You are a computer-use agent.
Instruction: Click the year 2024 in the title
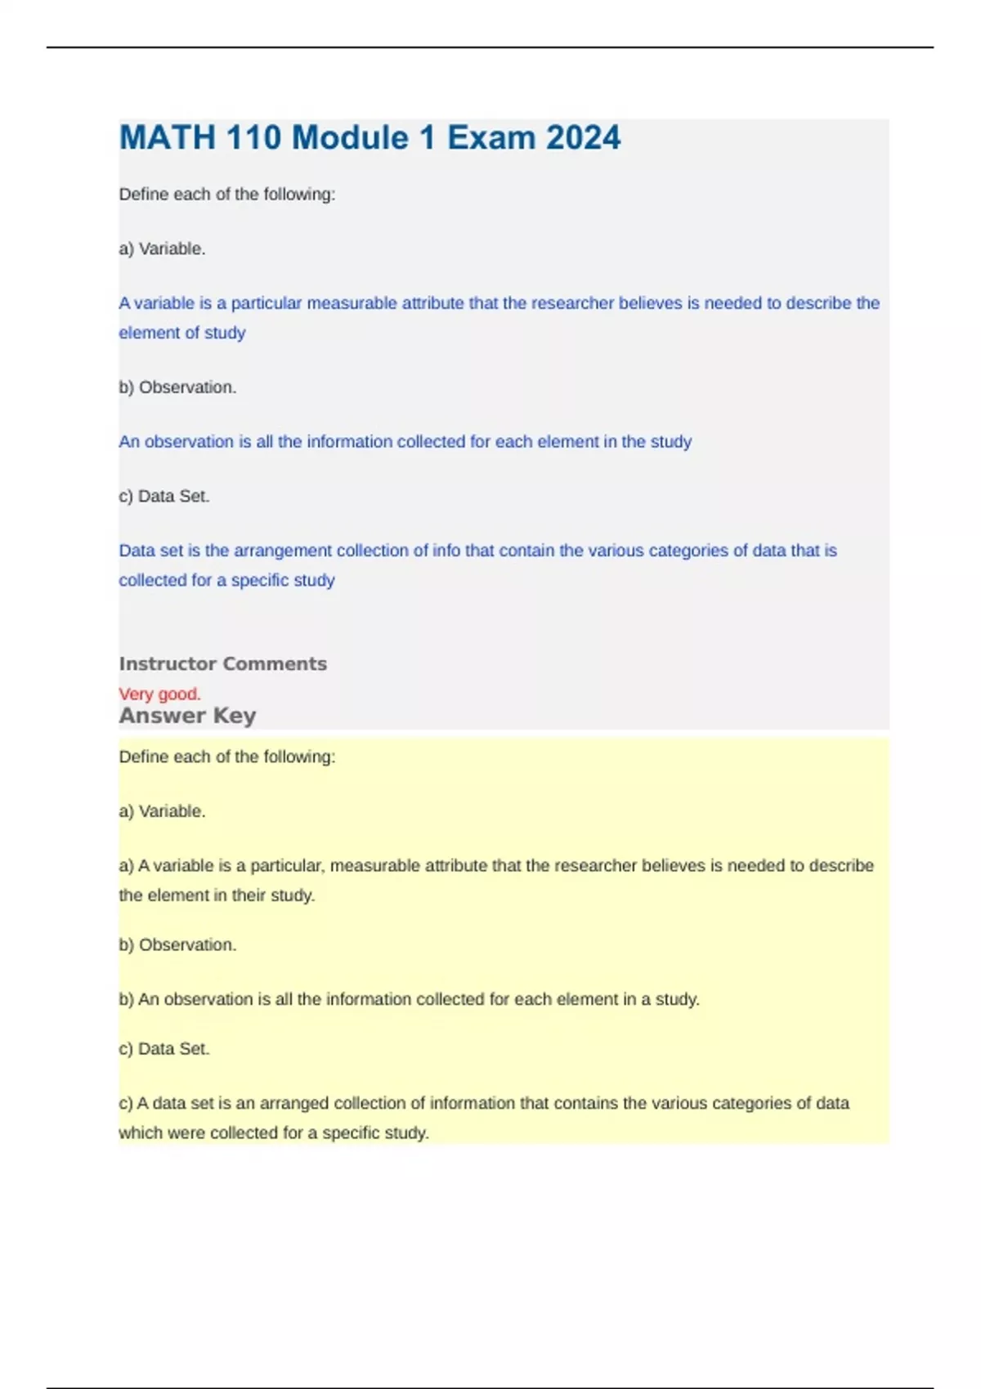tap(583, 137)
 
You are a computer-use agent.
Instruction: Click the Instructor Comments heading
tap(222, 663)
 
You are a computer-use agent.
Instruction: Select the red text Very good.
tap(159, 694)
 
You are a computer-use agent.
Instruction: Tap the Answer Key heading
tap(187, 716)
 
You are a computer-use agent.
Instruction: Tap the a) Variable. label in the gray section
tap(162, 249)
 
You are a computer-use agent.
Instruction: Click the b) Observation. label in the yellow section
tap(177, 945)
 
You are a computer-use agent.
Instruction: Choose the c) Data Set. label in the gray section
tap(164, 496)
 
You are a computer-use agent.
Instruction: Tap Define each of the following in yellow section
tap(226, 757)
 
